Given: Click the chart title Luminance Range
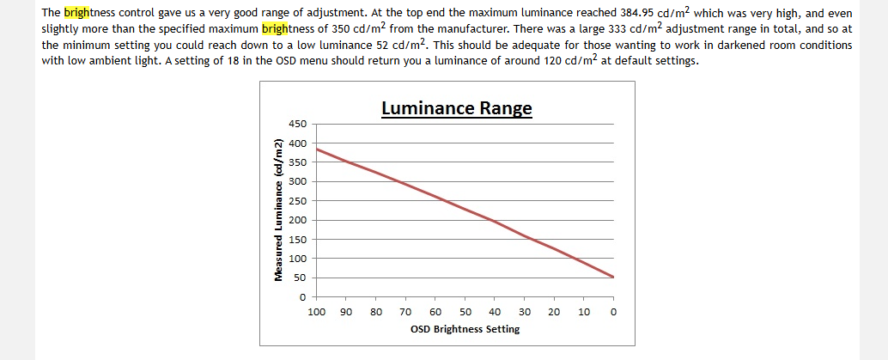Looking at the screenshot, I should pos(456,109).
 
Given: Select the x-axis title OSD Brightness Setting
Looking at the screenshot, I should pos(465,329).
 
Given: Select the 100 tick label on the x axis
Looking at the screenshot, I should pos(316,311).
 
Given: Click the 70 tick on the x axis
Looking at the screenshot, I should pos(405,311).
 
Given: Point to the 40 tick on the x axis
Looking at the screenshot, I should pos(495,311).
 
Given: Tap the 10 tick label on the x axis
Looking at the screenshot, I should pos(584,311).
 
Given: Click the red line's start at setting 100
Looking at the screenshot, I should pos(316,149).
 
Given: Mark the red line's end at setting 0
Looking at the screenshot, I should pos(613,277).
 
